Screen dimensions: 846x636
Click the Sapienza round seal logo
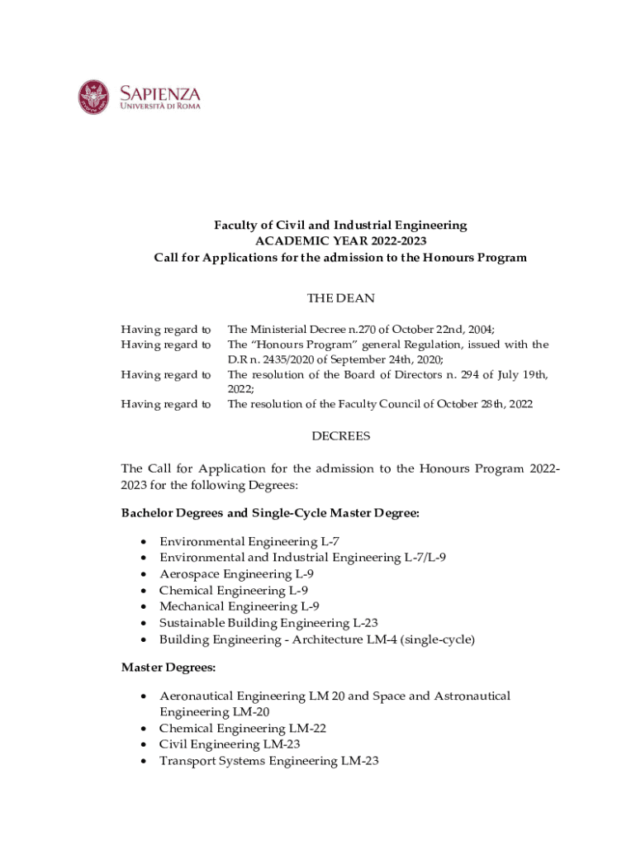(93, 97)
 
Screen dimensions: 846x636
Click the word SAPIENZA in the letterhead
(160, 93)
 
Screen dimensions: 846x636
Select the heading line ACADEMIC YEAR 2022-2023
(340, 241)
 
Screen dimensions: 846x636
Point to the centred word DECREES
(340, 435)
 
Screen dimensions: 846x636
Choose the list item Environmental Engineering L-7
(249, 542)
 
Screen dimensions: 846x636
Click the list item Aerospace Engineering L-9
(236, 574)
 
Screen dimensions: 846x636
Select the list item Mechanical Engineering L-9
(240, 606)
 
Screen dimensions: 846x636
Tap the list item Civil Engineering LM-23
(229, 744)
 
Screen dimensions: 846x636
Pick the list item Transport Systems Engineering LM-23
(268, 761)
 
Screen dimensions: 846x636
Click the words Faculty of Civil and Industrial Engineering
(340, 225)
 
